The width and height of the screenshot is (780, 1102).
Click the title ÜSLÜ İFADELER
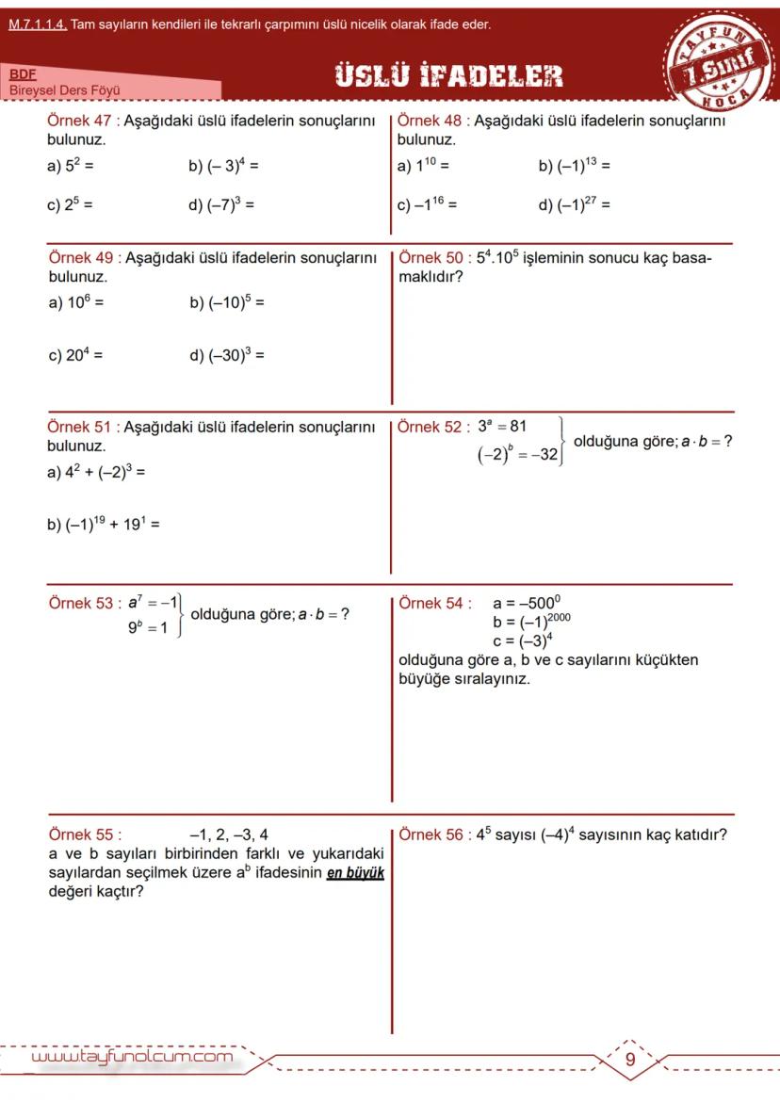pyautogui.click(x=448, y=76)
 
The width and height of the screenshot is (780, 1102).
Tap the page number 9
pyautogui.click(x=630, y=1060)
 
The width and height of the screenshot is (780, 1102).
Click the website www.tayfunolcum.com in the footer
pyautogui.click(x=132, y=1057)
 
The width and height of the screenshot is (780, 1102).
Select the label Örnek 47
pyautogui.click(x=79, y=122)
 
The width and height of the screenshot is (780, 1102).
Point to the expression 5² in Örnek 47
pyautogui.click(x=73, y=167)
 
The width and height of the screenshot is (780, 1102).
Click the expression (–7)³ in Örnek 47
pyautogui.click(x=226, y=204)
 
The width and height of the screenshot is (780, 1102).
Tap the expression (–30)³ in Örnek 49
pyautogui.click(x=230, y=356)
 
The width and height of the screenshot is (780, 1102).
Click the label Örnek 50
pyautogui.click(x=431, y=258)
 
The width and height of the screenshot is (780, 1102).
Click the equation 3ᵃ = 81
pyautogui.click(x=501, y=427)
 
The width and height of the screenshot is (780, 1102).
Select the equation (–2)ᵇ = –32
pyautogui.click(x=519, y=456)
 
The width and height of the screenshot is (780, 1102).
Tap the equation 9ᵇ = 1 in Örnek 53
pyautogui.click(x=149, y=627)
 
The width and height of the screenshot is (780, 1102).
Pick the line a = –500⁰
pyautogui.click(x=527, y=604)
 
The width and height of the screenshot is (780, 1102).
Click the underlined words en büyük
pyautogui.click(x=355, y=873)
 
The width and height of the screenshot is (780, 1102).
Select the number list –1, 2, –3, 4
pyautogui.click(x=228, y=835)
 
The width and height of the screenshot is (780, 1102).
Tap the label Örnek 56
pyautogui.click(x=431, y=835)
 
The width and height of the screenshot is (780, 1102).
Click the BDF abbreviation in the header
pyautogui.click(x=22, y=73)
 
